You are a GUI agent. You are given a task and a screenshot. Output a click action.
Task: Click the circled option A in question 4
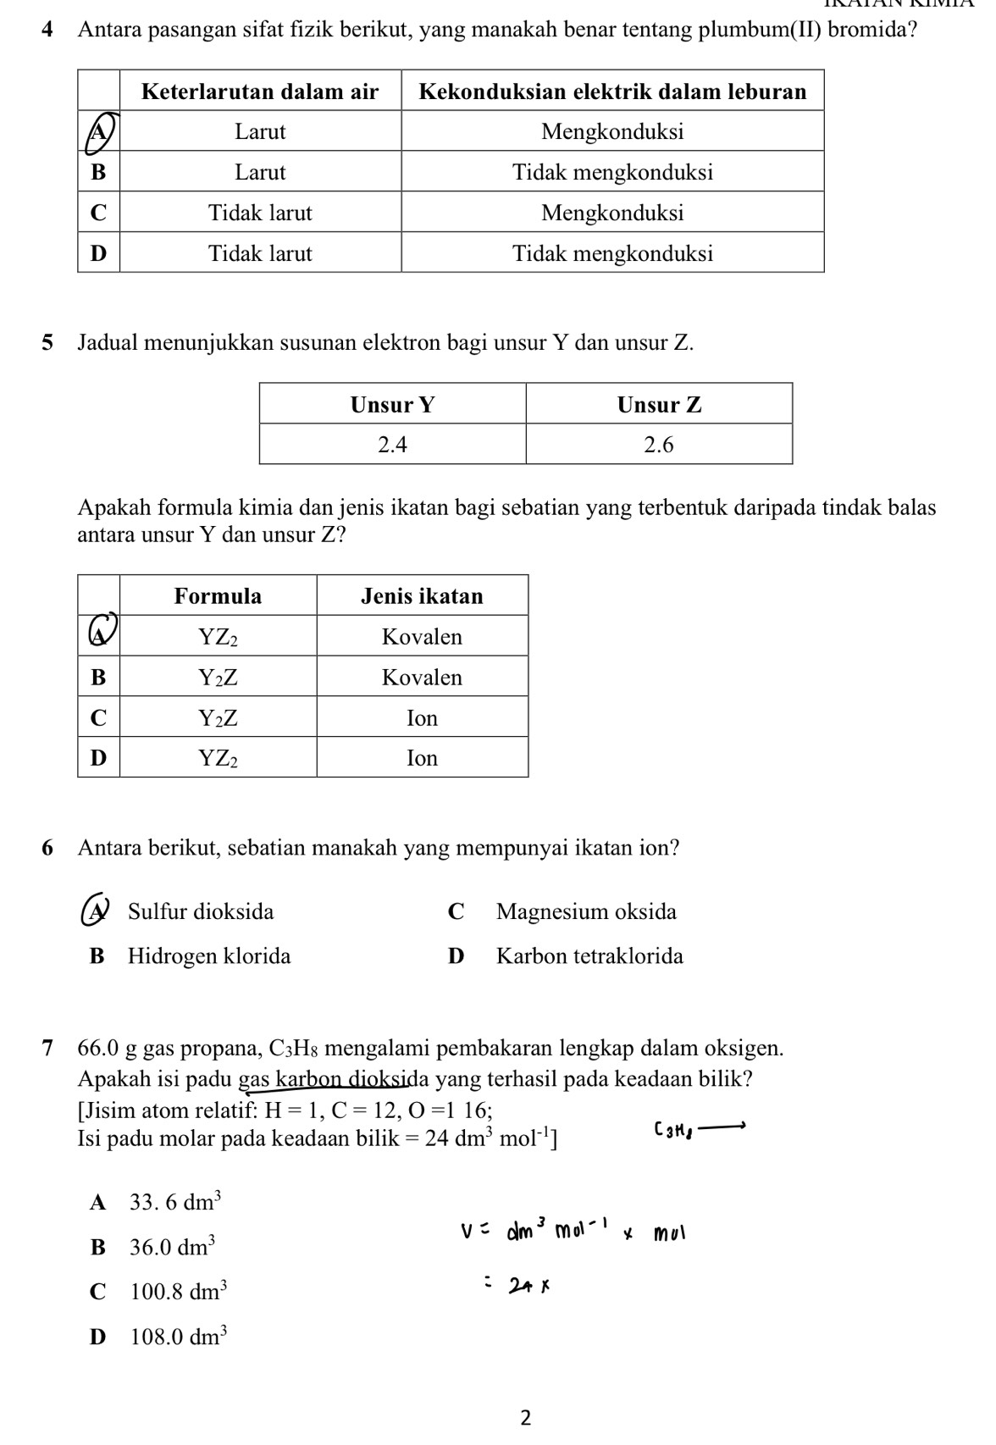coord(99,131)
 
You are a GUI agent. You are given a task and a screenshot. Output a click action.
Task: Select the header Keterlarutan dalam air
coord(260,91)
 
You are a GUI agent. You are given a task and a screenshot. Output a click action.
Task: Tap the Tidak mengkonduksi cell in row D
coord(612,253)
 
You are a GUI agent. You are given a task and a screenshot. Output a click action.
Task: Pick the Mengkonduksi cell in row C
coord(612,213)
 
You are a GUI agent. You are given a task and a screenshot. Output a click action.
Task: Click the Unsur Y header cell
coord(392,405)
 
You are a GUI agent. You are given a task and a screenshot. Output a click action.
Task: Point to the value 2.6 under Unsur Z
coord(659,445)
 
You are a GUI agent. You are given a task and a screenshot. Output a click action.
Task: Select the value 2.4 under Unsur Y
coord(392,445)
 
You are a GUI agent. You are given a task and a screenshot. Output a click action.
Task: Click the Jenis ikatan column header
coord(422,596)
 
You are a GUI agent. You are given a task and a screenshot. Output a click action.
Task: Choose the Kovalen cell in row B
coord(422,678)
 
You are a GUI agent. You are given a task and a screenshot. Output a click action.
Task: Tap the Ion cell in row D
coord(422,758)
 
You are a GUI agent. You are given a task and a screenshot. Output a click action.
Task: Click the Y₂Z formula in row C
coord(218,718)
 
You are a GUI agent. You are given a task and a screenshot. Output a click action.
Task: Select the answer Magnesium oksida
coord(586,912)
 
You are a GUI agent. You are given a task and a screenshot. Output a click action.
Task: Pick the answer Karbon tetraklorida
coord(589,956)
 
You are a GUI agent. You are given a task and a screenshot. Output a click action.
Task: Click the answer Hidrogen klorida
coord(209,956)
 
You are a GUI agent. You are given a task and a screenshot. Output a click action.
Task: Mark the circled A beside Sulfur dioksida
coord(97,911)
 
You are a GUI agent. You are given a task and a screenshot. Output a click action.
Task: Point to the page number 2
coord(525,1417)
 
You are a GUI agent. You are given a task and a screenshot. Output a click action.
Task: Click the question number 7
coord(48,1048)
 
